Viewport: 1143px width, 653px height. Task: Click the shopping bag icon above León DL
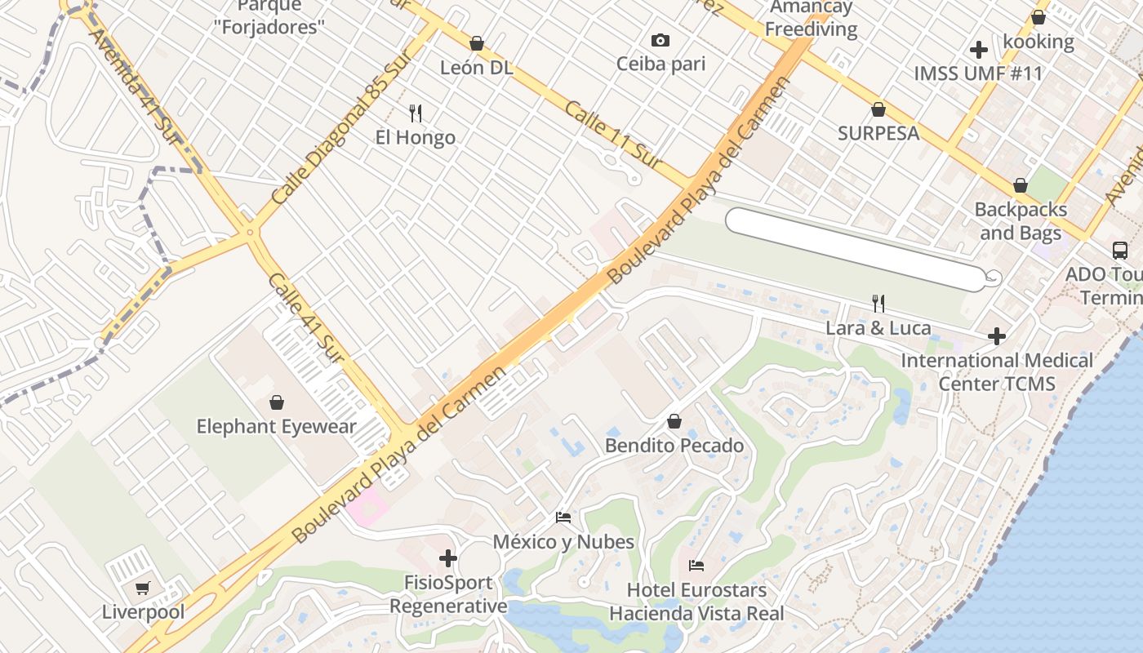pyautogui.click(x=477, y=43)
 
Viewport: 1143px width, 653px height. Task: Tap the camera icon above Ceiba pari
pyautogui.click(x=660, y=40)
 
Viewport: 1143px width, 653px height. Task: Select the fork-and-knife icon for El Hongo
pyautogui.click(x=416, y=113)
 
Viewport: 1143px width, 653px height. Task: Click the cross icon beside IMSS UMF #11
pyautogui.click(x=978, y=50)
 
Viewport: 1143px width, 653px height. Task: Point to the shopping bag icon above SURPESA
pyautogui.click(x=878, y=109)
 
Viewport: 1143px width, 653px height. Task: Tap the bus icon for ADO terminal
pyautogui.click(x=1119, y=251)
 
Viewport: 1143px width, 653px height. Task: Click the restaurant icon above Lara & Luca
pyautogui.click(x=878, y=304)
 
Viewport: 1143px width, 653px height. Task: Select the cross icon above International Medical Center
pyautogui.click(x=996, y=336)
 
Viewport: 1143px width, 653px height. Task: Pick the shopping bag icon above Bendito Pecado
pyautogui.click(x=674, y=421)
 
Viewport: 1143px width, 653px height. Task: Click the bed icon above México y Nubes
pyautogui.click(x=563, y=518)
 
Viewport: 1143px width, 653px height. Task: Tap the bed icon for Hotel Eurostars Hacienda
pyautogui.click(x=696, y=565)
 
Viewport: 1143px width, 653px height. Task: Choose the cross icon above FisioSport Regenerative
pyautogui.click(x=447, y=558)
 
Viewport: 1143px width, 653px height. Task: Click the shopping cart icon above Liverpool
pyautogui.click(x=143, y=588)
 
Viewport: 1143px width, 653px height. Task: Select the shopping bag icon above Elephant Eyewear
pyautogui.click(x=277, y=402)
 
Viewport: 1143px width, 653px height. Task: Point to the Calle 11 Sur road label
pyautogui.click(x=613, y=135)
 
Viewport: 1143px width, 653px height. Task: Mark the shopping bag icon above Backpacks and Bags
pyautogui.click(x=1021, y=186)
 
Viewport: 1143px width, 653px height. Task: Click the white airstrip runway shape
pyautogui.click(x=853, y=249)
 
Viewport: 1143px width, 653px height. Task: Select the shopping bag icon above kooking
pyautogui.click(x=1038, y=17)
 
